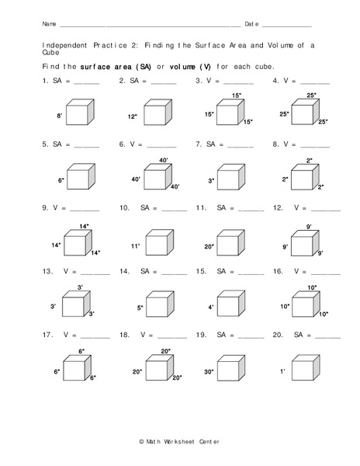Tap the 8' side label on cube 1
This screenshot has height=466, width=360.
point(59,116)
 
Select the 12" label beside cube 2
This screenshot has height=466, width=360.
point(132,116)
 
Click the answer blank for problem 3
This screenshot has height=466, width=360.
point(238,82)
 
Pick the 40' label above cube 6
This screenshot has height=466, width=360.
point(164,160)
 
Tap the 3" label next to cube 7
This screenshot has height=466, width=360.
point(211,180)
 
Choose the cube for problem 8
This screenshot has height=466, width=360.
point(305,177)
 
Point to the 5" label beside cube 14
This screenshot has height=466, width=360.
point(140,308)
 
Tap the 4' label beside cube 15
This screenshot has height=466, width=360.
point(211,308)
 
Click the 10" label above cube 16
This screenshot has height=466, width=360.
point(312,287)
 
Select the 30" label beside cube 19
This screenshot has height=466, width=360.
point(209,372)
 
